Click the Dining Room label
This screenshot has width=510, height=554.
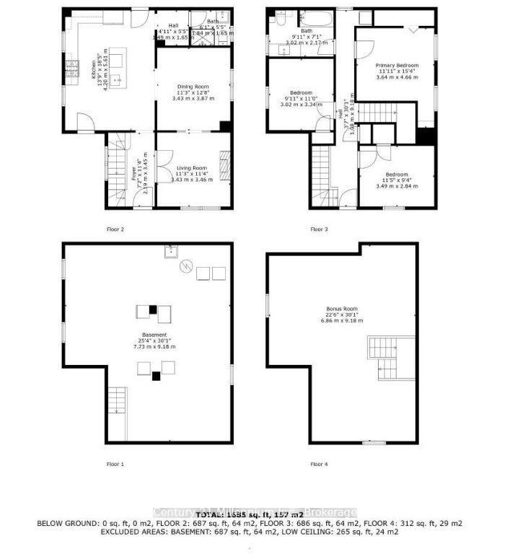coord(192,87)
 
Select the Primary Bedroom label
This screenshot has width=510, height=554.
coord(396,66)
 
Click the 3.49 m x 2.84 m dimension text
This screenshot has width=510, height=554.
coord(397,186)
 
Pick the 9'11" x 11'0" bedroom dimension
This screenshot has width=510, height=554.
coord(301,98)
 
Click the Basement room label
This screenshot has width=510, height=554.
coord(154,335)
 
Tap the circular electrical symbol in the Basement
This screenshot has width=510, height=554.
coord(187,266)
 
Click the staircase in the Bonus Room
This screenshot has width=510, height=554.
coord(387,355)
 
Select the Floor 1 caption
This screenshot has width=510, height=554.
coord(115,464)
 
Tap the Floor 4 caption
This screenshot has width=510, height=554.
coord(319,464)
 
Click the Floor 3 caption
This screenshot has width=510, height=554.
coord(319,229)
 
